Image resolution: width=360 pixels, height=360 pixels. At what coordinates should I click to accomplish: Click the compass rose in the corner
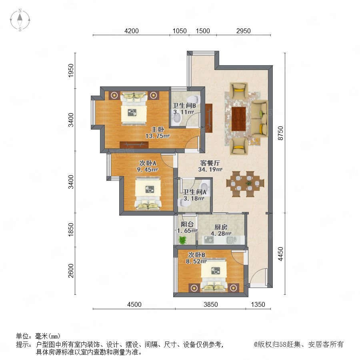(x=20, y=20)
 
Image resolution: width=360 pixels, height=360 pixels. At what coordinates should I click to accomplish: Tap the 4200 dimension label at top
(x=131, y=31)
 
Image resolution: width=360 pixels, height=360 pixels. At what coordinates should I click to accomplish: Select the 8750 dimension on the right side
(x=280, y=133)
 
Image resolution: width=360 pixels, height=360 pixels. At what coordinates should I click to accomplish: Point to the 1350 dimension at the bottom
(x=258, y=304)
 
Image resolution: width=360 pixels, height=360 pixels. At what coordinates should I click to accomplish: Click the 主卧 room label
(x=158, y=129)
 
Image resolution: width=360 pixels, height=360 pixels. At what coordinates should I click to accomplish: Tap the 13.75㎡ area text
(x=158, y=136)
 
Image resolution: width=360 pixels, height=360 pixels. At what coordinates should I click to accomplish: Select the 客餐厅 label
(x=210, y=163)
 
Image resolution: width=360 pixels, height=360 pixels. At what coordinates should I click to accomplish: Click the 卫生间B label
(x=184, y=105)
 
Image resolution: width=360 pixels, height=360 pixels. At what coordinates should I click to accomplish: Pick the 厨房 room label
(x=221, y=227)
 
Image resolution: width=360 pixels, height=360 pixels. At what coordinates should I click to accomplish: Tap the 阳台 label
(x=187, y=224)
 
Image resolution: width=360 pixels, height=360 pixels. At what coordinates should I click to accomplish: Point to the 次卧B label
(x=196, y=255)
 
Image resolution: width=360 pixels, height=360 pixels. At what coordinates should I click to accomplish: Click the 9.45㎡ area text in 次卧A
(x=147, y=170)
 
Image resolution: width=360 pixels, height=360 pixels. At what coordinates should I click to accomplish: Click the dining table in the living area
(x=245, y=184)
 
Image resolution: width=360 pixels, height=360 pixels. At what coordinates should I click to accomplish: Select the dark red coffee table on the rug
(x=238, y=119)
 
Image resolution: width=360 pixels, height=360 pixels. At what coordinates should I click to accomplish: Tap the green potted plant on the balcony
(x=182, y=240)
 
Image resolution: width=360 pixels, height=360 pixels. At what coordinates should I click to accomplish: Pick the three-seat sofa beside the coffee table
(x=259, y=119)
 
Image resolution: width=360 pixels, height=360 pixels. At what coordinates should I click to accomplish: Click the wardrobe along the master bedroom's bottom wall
(x=134, y=145)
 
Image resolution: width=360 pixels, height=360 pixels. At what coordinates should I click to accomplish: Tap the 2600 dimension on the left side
(x=71, y=271)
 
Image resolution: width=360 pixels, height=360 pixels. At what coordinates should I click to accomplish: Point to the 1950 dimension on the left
(x=71, y=70)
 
